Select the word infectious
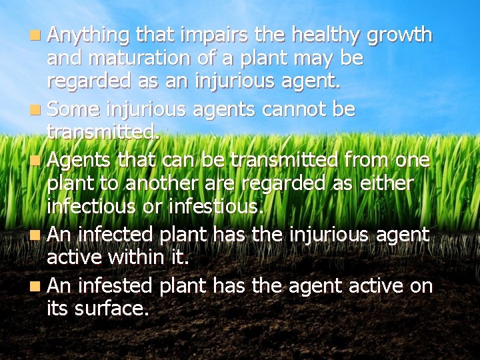coord(90,207)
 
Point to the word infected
coord(115,235)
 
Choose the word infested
coord(116,286)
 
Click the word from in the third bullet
coord(361,160)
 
